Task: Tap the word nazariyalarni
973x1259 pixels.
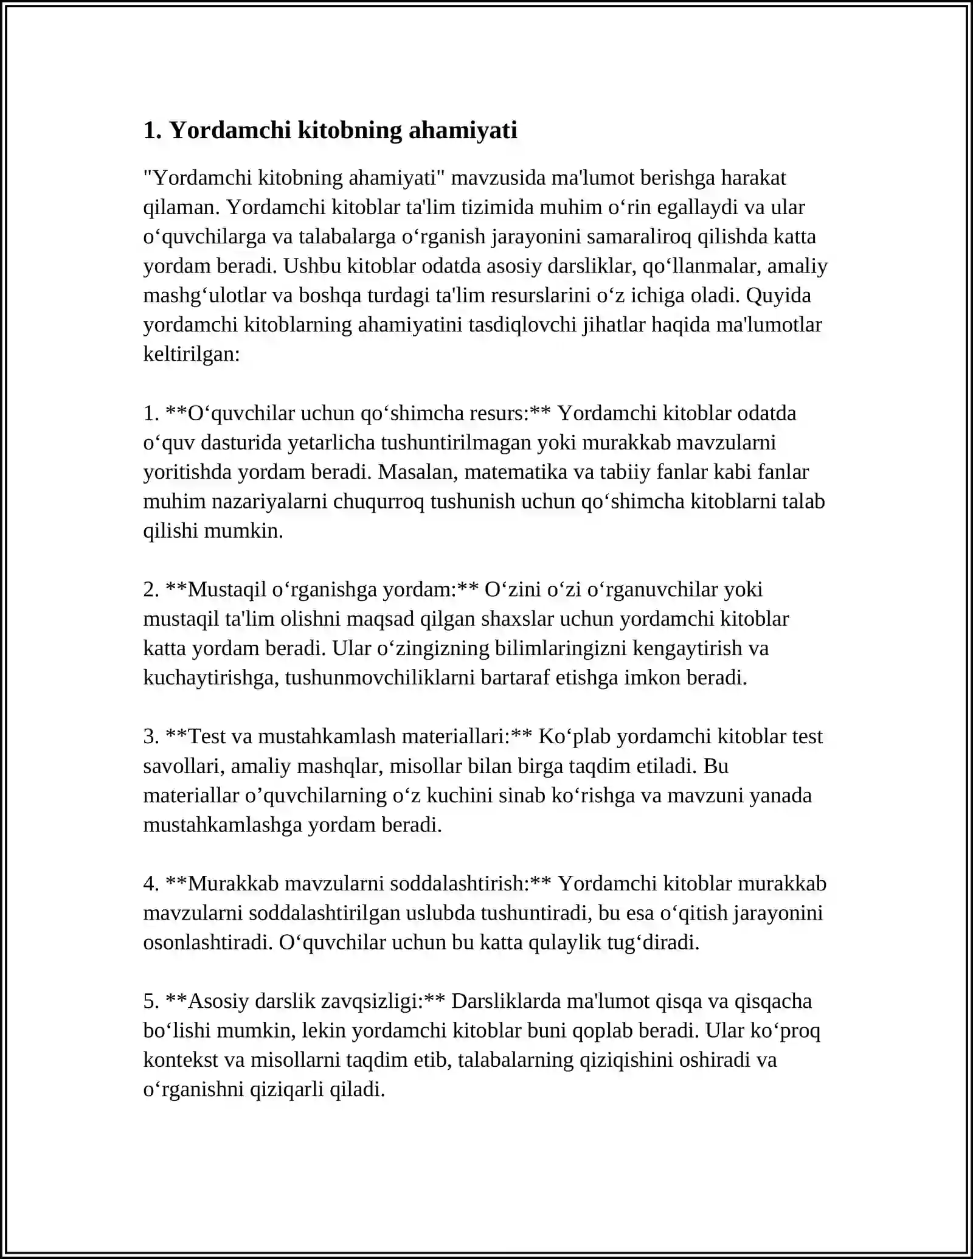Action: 269,501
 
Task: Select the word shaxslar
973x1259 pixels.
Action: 517,619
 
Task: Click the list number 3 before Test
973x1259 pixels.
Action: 150,737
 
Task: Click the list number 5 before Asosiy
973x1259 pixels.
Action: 150,1001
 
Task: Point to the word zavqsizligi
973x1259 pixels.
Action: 379,1001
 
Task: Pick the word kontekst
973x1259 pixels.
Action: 181,1060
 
